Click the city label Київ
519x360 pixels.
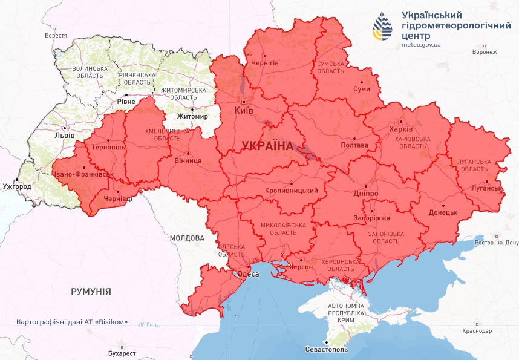244,111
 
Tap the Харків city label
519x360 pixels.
401,129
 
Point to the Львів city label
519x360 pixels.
64,136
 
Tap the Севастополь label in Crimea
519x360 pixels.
327,349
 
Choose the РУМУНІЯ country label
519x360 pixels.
91,292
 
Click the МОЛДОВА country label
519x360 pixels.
187,238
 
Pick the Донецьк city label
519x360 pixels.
443,213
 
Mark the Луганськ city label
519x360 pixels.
483,188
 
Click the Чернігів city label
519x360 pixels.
265,62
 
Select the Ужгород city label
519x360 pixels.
16,186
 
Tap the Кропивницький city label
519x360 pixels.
292,191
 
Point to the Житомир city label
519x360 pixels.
192,116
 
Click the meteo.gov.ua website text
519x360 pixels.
421,44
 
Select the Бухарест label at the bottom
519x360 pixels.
119,353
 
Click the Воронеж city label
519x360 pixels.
485,52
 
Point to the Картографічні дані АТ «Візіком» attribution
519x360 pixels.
72,322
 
